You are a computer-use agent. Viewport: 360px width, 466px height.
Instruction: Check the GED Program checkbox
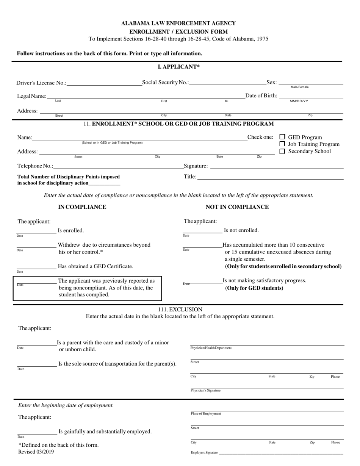pyautogui.click(x=282, y=137)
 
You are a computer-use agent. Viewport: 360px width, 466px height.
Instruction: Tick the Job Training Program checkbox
pyautogui.click(x=282, y=144)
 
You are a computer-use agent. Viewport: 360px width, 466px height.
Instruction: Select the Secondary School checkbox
pyautogui.click(x=282, y=151)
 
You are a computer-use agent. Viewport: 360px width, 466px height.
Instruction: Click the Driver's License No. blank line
pyautogui.click(x=104, y=85)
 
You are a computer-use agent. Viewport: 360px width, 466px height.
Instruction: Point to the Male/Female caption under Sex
pyautogui.click(x=299, y=87)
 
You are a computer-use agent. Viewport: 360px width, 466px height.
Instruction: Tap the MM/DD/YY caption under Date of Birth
pyautogui.click(x=299, y=102)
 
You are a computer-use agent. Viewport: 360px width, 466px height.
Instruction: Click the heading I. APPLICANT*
pyautogui.click(x=178, y=67)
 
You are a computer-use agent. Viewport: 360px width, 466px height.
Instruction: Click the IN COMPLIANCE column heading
pyautogui.click(x=82, y=207)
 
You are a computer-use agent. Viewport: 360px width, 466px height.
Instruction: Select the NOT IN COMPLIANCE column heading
pyautogui.click(x=237, y=207)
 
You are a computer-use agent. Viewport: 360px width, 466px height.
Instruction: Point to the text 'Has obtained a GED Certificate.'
pyautogui.click(x=95, y=266)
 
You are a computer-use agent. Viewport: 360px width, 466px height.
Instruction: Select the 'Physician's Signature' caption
pyautogui.click(x=205, y=390)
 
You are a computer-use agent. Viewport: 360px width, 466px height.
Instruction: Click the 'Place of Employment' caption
pyautogui.click(x=206, y=414)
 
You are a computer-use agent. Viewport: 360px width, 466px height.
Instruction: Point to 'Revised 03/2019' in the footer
pyautogui.click(x=36, y=452)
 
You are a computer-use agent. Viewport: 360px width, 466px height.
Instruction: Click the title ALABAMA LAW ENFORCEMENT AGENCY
pyautogui.click(x=178, y=23)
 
